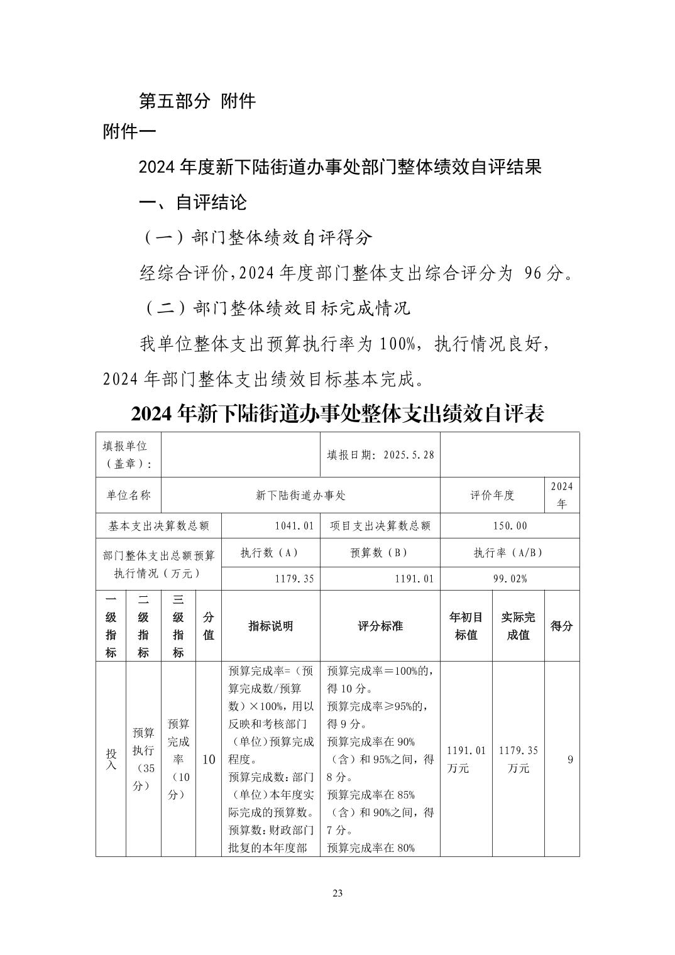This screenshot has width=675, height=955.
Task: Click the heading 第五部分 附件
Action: (197, 101)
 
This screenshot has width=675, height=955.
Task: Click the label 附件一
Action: (129, 133)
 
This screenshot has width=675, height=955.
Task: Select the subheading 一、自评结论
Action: (192, 202)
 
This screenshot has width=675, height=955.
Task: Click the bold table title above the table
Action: (337, 414)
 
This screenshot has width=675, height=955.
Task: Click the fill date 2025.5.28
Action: (409, 455)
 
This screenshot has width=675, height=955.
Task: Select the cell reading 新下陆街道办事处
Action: (300, 495)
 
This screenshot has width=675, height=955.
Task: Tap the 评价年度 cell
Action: (492, 495)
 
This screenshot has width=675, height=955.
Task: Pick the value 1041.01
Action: (294, 526)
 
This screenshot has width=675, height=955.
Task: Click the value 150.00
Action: (510, 526)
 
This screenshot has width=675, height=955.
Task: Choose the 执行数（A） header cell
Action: (270, 553)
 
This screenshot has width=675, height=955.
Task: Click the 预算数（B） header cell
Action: (380, 553)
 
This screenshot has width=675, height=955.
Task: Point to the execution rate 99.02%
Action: (510, 579)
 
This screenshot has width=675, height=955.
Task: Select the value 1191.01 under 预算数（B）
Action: (414, 579)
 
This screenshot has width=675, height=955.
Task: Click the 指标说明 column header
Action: (270, 626)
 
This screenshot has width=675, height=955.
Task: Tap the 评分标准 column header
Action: (380, 626)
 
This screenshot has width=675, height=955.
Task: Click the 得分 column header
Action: (561, 626)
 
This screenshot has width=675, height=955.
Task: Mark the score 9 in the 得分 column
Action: (570, 759)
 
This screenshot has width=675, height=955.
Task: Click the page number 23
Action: (337, 894)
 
